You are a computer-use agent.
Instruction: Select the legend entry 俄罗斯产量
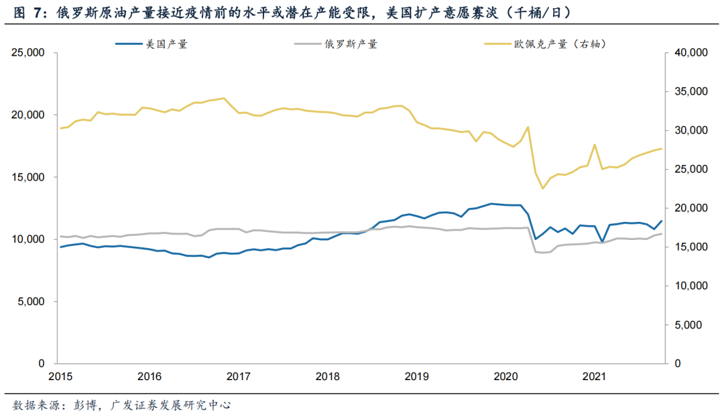tap(351, 44)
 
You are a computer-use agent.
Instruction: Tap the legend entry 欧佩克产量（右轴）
tap(560, 44)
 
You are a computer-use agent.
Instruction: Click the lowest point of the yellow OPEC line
tap(543, 188)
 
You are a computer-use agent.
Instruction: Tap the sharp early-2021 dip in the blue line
tap(602, 241)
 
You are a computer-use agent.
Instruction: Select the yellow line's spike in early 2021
tap(595, 144)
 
